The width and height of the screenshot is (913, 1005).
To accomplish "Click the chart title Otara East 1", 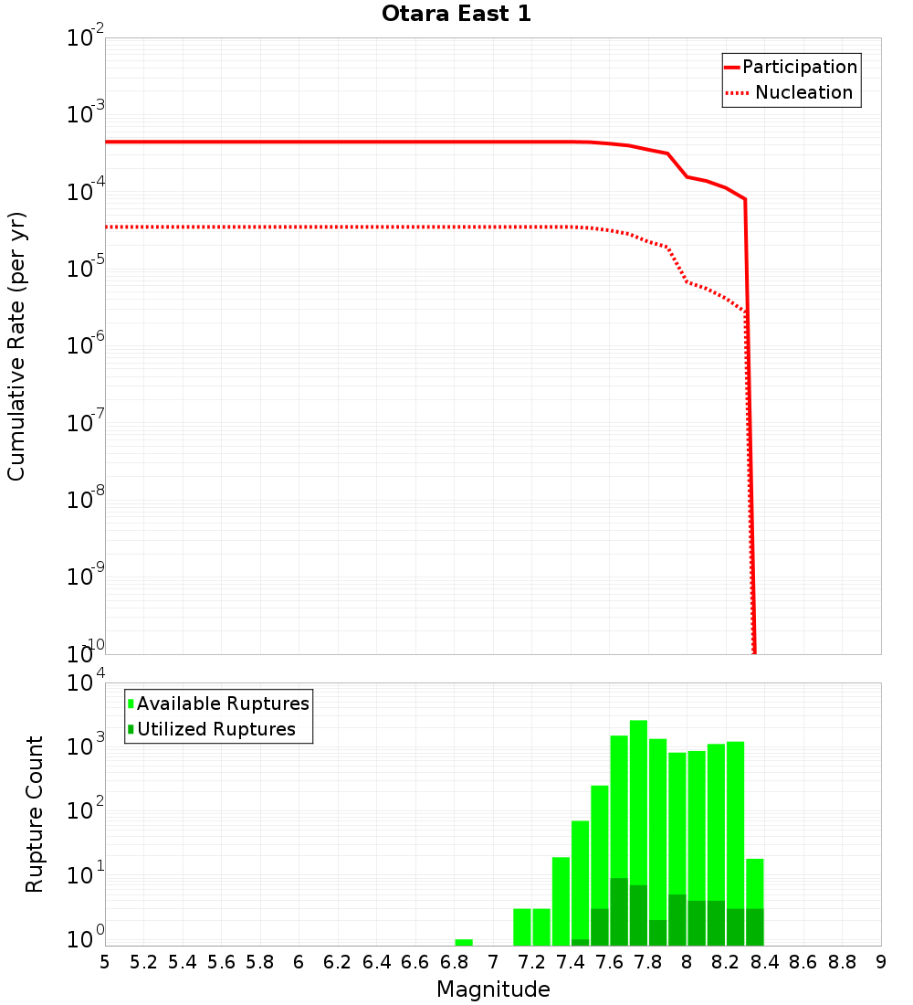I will click(456, 15).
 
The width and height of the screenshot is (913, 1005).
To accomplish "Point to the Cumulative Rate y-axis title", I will click(16, 345).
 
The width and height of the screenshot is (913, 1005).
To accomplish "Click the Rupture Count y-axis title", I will click(35, 813).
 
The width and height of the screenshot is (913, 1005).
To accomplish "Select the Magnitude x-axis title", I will click(493, 989).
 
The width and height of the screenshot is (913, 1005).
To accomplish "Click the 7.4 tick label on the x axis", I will click(571, 962).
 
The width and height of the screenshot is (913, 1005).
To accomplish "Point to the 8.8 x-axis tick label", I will click(842, 962).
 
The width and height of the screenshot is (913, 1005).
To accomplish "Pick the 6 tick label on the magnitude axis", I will click(299, 962).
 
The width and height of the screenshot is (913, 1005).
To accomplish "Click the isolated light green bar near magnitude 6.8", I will click(464, 942).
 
